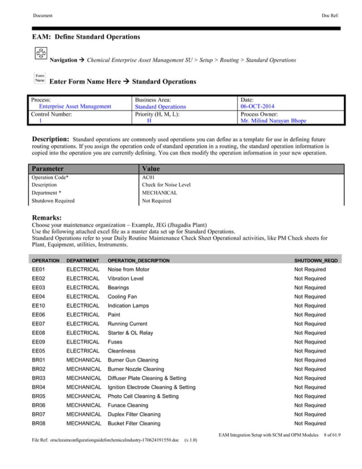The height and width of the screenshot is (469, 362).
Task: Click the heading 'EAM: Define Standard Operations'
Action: coord(86,37)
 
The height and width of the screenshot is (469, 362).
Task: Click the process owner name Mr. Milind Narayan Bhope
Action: coord(273,121)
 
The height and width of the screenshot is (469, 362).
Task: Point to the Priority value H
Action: coord(149,121)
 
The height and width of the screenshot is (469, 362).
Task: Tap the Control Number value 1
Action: coord(40,121)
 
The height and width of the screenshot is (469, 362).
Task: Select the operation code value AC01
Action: coord(148,177)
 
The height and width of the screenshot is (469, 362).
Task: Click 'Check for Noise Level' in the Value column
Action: coord(166,185)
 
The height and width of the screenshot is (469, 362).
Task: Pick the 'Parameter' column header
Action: coord(48,169)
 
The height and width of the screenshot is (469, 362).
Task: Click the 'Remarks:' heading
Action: coord(47,217)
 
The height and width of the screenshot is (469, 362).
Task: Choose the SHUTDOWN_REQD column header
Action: coord(315,260)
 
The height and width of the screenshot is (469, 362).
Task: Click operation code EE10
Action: coord(38,305)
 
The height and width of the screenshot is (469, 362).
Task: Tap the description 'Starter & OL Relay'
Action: coord(131,333)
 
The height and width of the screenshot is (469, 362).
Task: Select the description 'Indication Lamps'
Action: coord(128,305)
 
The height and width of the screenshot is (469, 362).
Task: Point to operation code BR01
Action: coord(39,360)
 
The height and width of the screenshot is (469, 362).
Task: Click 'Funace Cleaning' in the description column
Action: coord(128,405)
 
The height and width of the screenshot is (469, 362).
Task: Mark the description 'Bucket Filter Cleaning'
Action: coord(134,424)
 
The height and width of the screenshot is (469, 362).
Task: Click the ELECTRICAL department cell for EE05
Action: coord(83,351)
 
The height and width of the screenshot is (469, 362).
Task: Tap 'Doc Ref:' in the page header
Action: coord(331,15)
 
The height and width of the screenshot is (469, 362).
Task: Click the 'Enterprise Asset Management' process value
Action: coord(75,106)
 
